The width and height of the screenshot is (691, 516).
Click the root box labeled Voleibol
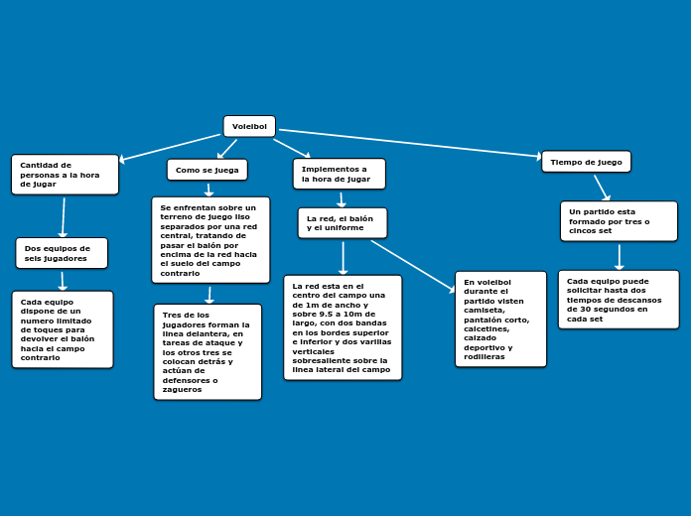click(249, 126)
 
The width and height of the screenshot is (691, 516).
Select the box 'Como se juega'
click(207, 170)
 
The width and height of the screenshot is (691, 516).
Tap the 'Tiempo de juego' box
click(586, 162)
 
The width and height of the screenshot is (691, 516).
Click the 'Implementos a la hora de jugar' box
click(340, 174)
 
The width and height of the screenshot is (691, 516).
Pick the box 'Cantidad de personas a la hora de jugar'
click(65, 175)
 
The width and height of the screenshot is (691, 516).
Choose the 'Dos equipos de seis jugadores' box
click(62, 253)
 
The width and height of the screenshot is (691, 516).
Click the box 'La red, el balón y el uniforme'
click(343, 223)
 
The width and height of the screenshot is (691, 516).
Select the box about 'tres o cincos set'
click(619, 221)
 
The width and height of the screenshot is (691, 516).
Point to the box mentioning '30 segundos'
click(619, 300)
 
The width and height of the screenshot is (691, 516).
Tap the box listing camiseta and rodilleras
click(500, 320)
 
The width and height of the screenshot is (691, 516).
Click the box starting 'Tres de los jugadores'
click(207, 352)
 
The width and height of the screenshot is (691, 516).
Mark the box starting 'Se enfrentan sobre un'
click(210, 240)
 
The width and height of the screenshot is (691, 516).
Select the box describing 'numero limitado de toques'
click(63, 329)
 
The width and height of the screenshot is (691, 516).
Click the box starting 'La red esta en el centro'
click(343, 327)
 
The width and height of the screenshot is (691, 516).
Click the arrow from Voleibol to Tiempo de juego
click(410, 143)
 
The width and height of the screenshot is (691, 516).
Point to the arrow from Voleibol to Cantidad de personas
click(170, 147)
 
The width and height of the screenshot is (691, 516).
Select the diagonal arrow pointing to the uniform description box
click(413, 266)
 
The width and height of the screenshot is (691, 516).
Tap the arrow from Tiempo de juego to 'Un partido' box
click(602, 188)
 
